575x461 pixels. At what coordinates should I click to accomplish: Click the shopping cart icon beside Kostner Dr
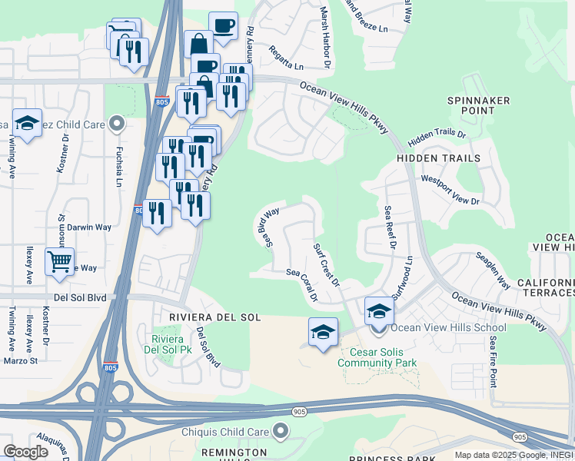pyautogui.click(x=59, y=262)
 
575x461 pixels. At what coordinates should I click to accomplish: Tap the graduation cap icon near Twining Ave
pyautogui.click(x=27, y=124)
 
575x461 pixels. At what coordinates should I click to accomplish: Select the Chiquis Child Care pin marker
pyautogui.click(x=281, y=431)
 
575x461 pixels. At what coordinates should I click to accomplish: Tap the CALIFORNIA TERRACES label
pyautogui.click(x=546, y=287)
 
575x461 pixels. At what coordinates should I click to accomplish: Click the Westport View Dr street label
pyautogui.click(x=450, y=190)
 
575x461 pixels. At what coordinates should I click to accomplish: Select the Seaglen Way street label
pyautogui.click(x=493, y=270)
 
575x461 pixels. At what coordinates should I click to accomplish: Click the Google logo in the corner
pyautogui.click(x=26, y=452)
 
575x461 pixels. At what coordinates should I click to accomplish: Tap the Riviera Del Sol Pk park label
pyautogui.click(x=168, y=344)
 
